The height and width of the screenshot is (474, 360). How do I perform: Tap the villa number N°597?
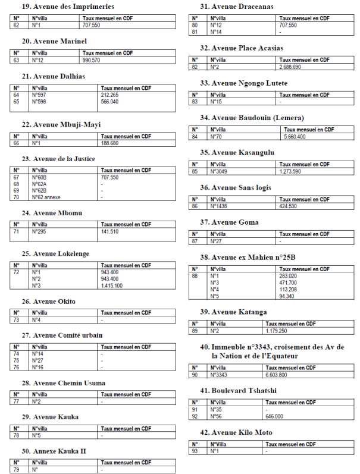coord(40,95)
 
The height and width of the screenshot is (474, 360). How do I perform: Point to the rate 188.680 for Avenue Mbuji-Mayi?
coord(109,143)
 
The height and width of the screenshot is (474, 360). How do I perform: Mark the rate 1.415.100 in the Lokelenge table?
coord(112,285)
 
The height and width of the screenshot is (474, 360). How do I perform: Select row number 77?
coord(17,401)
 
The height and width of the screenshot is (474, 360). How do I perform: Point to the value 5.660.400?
coord(295,137)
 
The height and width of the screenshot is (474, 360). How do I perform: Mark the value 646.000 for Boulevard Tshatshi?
coord(274,416)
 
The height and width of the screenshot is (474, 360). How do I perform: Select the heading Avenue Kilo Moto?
coord(236,432)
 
